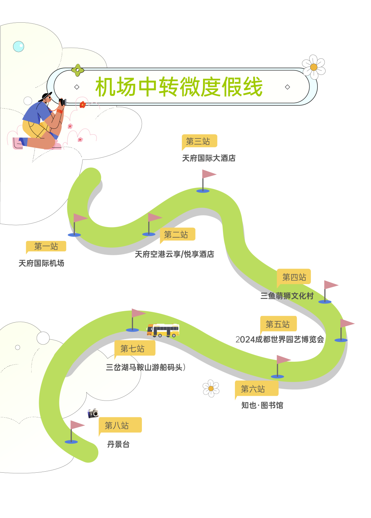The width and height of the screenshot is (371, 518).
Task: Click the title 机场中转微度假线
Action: pos(179,87)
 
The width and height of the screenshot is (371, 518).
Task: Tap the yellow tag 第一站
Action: pos(46,246)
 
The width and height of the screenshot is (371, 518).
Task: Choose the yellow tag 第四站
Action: pos(294,277)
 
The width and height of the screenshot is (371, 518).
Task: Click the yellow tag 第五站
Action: pos(278,324)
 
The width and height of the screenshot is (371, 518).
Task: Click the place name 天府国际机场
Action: pos(41,263)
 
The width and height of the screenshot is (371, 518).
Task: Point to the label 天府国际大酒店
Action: pos(209,158)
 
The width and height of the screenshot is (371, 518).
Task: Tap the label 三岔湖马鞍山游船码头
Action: pos(145,368)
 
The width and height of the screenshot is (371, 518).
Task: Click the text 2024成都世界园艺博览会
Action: pos(280,340)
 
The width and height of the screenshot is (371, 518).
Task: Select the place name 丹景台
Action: pos(118,444)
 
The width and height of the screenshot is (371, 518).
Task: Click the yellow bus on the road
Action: pos(164,330)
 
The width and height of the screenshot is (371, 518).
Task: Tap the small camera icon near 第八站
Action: pos(93,413)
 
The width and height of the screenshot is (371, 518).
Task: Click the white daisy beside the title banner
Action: pos(314,67)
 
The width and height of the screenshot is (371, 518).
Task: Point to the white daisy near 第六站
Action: pos(211,388)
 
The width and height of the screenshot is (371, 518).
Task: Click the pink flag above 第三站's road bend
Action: pos(209,174)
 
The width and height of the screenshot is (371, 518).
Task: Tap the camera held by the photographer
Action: pos(63,102)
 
